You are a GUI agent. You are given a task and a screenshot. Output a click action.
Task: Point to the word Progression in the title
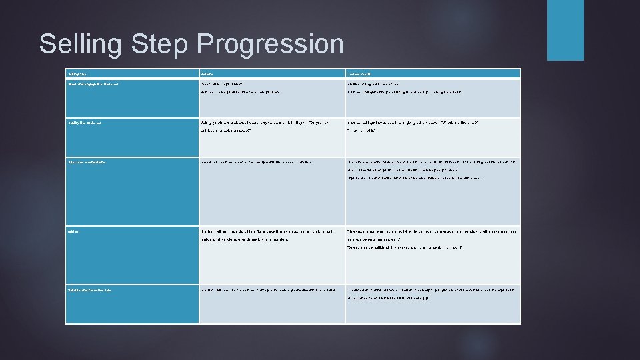point(271,45)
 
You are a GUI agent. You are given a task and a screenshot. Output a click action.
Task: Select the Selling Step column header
point(77,73)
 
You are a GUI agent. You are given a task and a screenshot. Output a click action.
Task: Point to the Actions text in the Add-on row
point(270,235)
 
